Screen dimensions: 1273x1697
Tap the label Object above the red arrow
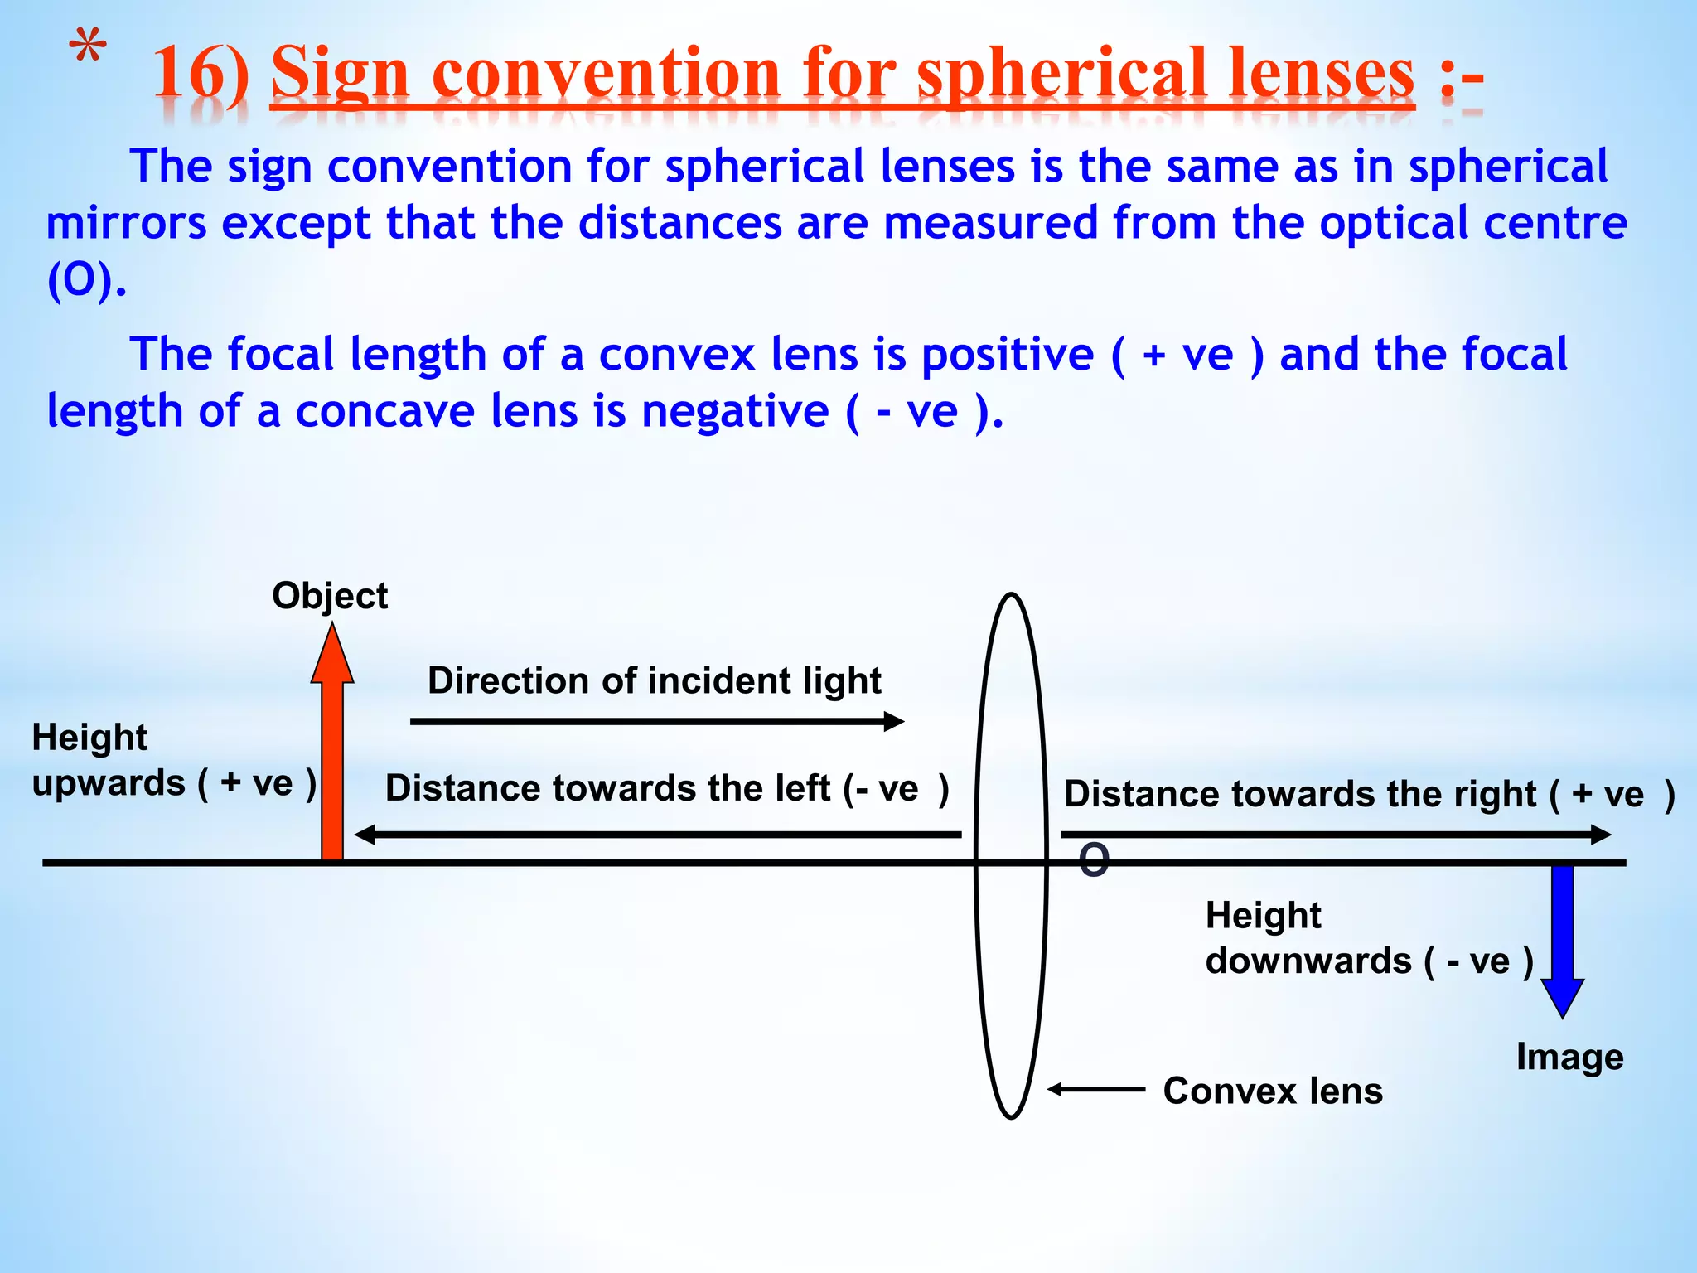pyautogui.click(x=330, y=596)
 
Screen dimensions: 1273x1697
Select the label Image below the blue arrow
pyautogui.click(x=1569, y=1057)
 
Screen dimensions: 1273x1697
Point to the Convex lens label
pyautogui.click(x=1273, y=1091)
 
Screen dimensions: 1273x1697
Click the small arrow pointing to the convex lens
pyautogui.click(x=1095, y=1089)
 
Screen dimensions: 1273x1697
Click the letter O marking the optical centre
pyautogui.click(x=1094, y=860)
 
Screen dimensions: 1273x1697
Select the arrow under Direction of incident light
pyautogui.click(x=656, y=722)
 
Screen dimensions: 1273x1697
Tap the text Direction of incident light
pyautogui.click(x=654, y=681)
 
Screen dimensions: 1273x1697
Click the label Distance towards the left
pyautogui.click(x=667, y=788)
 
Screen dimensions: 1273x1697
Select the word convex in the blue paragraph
pyautogui.click(x=677, y=355)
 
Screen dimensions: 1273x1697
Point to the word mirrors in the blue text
pyautogui.click(x=126, y=224)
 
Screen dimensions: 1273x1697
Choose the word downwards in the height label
pyautogui.click(x=1308, y=961)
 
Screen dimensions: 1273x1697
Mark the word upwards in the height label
pyautogui.click(x=109, y=783)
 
